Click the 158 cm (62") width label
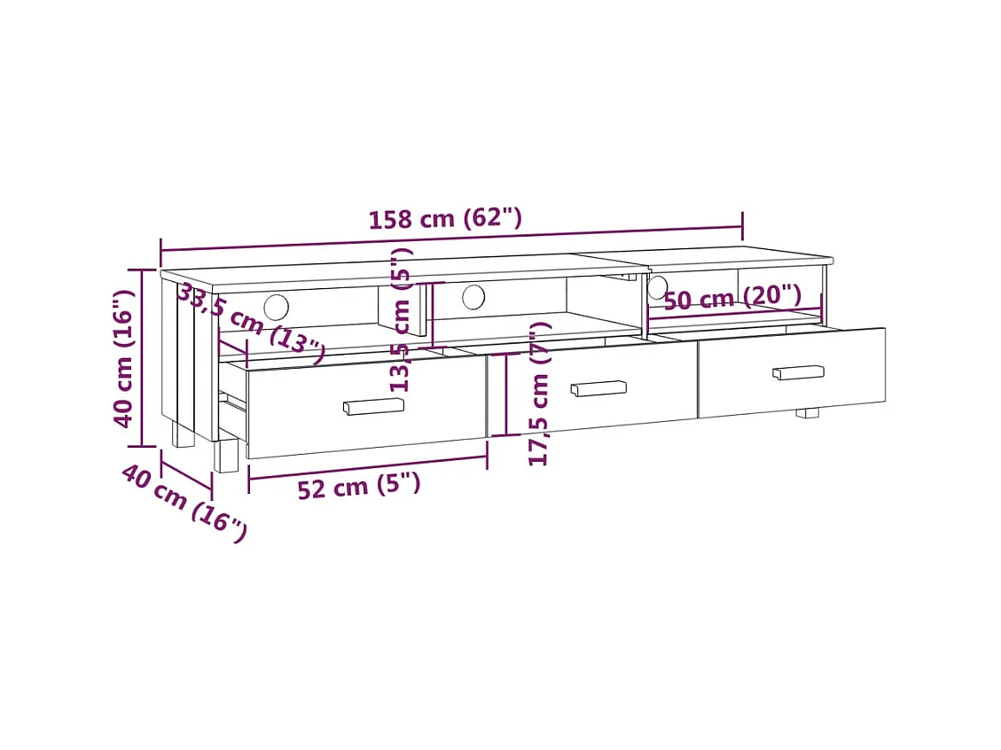pyautogui.click(x=445, y=218)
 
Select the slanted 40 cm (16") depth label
pyautogui.click(x=184, y=503)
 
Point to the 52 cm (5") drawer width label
pyautogui.click(x=358, y=486)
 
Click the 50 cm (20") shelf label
pyautogui.click(x=732, y=298)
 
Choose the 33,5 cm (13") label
pyautogui.click(x=250, y=321)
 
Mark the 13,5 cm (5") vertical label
pyautogui.click(x=402, y=319)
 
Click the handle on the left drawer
pyautogui.click(x=373, y=406)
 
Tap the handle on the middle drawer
pyautogui.click(x=598, y=388)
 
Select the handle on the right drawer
pyautogui.click(x=798, y=372)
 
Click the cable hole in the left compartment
pyautogui.click(x=276, y=307)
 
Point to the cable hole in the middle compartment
pyautogui.click(x=473, y=297)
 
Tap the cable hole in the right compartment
pyautogui.click(x=657, y=287)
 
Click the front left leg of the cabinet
pyautogui.click(x=227, y=456)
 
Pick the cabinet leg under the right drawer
pyautogui.click(x=807, y=412)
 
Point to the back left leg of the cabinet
pyautogui.click(x=183, y=434)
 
